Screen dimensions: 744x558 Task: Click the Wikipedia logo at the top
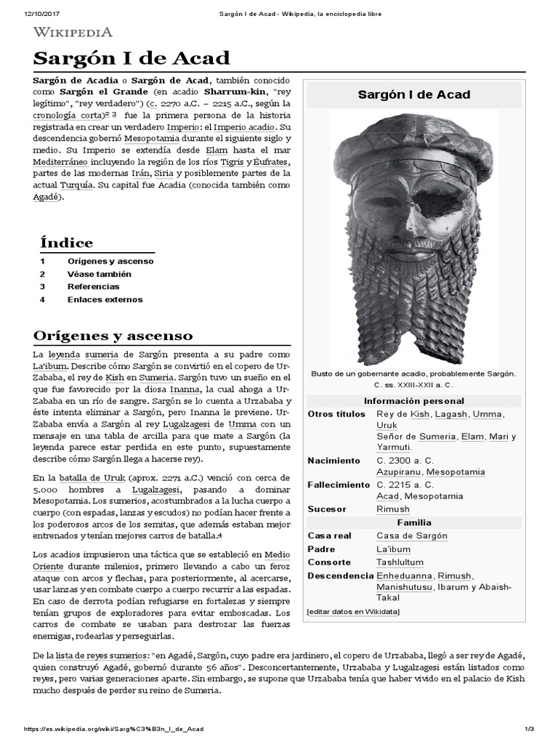72,32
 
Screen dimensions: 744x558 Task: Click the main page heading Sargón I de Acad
132,59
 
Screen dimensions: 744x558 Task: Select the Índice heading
67,243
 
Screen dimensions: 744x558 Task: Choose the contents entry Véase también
100,274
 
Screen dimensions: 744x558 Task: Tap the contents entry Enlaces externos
105,299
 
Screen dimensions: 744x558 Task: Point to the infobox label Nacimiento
333,461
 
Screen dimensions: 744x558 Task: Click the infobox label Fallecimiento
339,485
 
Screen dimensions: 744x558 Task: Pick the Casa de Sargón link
411,535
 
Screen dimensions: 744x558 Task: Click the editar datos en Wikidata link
353,612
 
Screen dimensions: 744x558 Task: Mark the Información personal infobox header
413,401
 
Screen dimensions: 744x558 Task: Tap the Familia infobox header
413,522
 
